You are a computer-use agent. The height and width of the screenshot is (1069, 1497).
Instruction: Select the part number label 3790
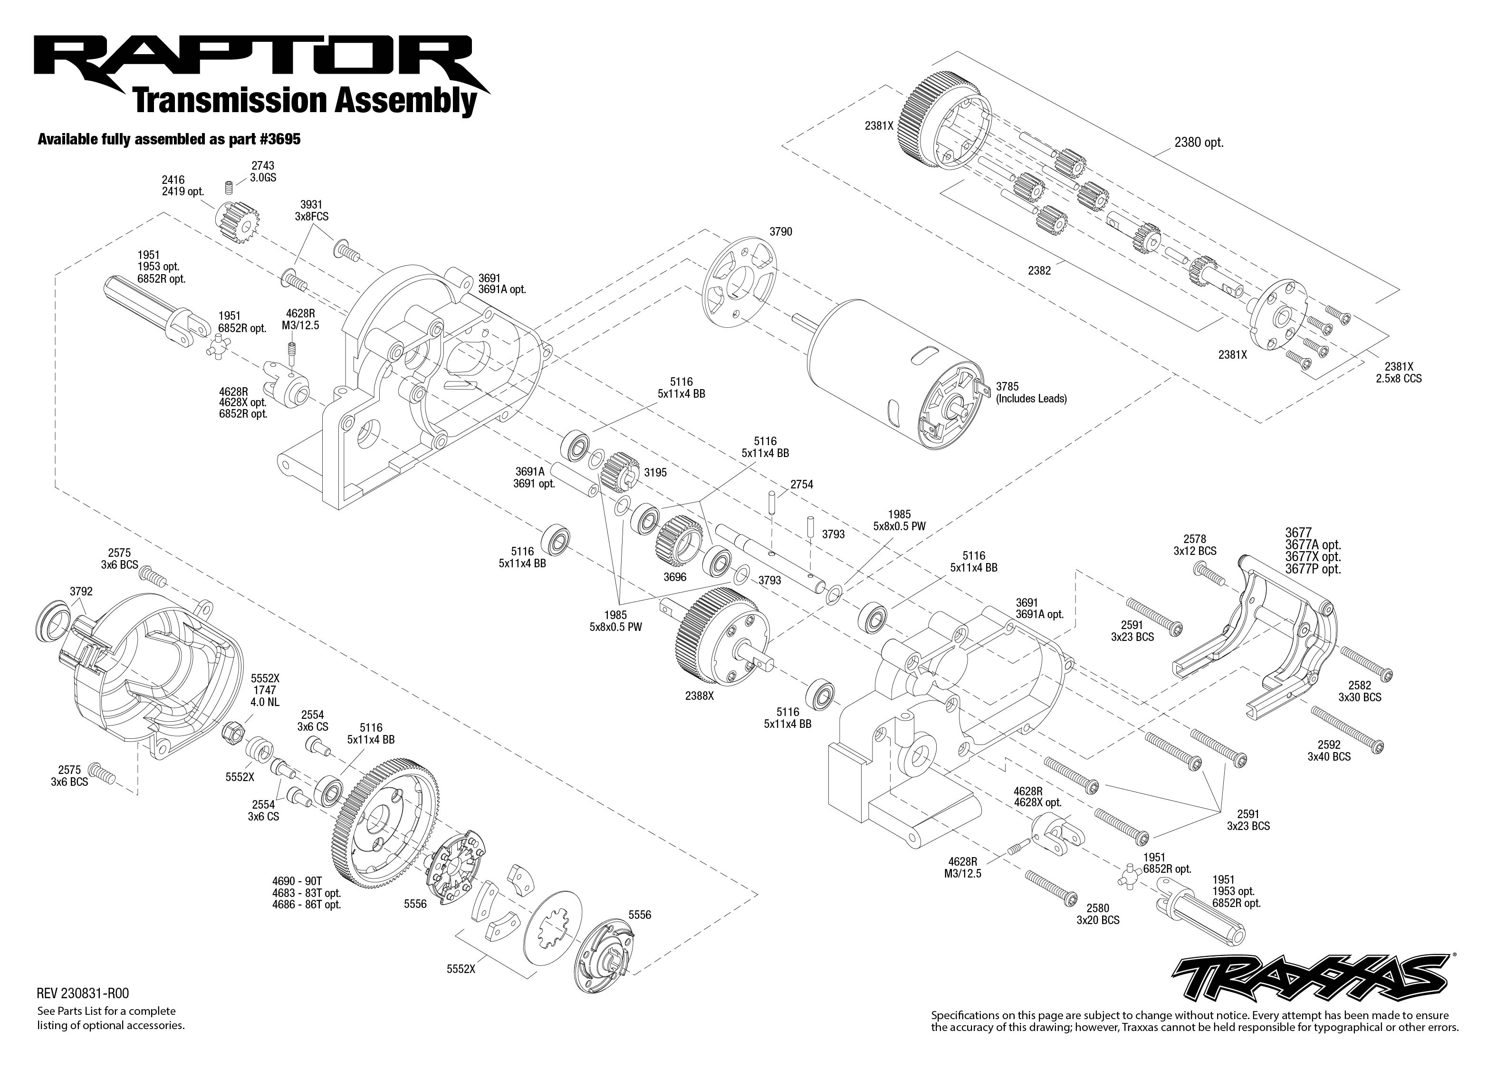tap(781, 232)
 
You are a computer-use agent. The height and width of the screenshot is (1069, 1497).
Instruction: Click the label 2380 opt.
tap(1199, 142)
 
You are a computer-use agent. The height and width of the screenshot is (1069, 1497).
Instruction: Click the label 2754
tap(801, 485)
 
